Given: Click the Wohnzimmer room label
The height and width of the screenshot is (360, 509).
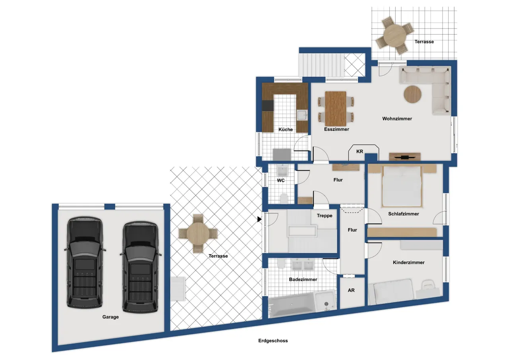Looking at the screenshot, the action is pos(397,119).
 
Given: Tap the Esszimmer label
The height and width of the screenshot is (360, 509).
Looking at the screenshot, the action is pos(336,129).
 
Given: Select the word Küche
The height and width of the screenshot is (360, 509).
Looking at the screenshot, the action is pos(286,130).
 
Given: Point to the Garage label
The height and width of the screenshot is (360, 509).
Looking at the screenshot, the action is pos(111,317).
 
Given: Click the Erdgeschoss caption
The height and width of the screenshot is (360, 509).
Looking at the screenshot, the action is pos(273,341).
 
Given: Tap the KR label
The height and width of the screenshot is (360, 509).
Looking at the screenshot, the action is pos(360,152).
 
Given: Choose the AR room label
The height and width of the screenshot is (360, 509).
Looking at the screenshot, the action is pos(351,290).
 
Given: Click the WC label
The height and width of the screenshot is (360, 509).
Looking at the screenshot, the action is pos(281,181).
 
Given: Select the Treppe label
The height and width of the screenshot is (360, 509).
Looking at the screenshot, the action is pos(324,216).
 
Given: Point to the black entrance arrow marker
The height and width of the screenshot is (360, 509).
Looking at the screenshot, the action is pos(259,219).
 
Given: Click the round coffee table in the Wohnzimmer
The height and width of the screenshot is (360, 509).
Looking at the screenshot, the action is pos(412,94).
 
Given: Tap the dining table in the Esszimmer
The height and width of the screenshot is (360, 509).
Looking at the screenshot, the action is pos(336,109).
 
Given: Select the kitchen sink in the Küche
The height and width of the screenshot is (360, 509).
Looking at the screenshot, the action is pos(302,115).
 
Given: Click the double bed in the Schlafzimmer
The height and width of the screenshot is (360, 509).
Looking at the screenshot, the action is pos(402,186).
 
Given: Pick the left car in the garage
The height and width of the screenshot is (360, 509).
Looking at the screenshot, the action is pos(85,263).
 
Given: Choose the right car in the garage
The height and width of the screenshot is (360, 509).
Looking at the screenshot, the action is pos(140,267).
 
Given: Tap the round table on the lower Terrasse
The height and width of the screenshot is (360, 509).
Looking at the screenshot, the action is pos(198,234).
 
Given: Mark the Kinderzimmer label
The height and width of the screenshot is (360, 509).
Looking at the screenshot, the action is pos(408,263).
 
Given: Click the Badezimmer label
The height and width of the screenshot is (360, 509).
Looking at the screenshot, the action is pos(303,280).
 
